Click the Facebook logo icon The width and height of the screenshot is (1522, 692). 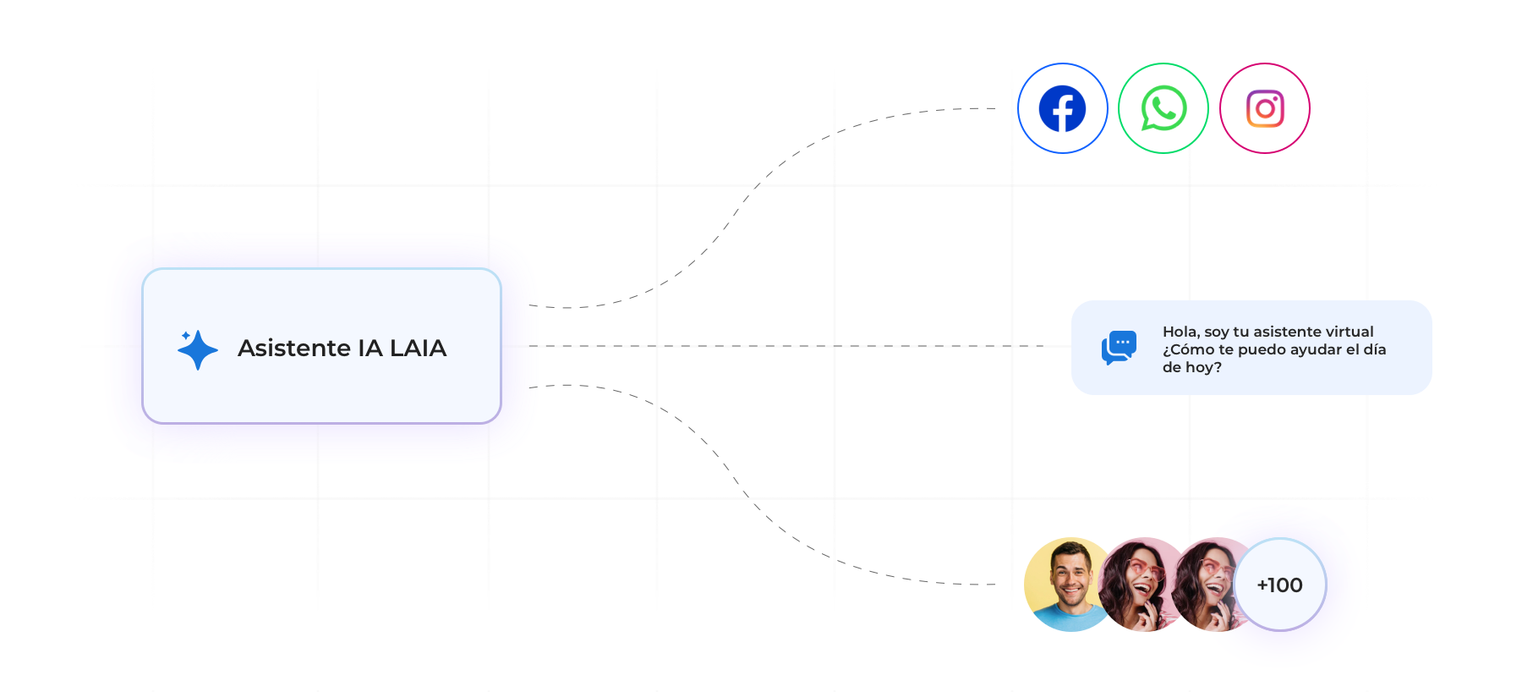point(1062,108)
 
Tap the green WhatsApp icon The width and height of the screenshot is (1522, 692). point(1163,108)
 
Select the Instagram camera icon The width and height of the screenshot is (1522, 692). point(1265,108)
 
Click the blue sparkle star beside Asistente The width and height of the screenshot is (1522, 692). point(199,349)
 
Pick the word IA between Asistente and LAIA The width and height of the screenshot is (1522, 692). point(370,348)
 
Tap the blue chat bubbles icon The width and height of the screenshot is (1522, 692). point(1119,348)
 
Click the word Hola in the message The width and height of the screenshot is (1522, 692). point(1179,332)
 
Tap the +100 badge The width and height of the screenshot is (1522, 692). point(1279,585)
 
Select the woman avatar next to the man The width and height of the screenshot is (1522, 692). point(1140,584)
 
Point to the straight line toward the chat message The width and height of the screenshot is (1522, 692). point(803,346)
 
